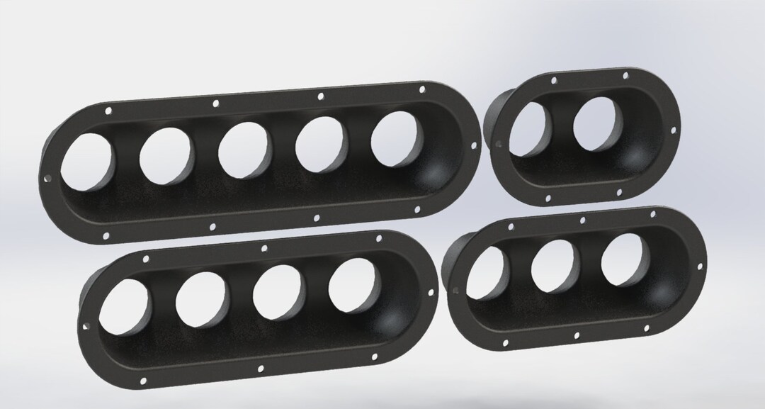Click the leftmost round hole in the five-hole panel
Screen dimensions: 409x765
(x=88, y=165)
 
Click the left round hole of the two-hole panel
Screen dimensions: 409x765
(x=526, y=129)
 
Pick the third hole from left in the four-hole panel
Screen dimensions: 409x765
(x=278, y=293)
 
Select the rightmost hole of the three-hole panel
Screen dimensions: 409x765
(x=623, y=259)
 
